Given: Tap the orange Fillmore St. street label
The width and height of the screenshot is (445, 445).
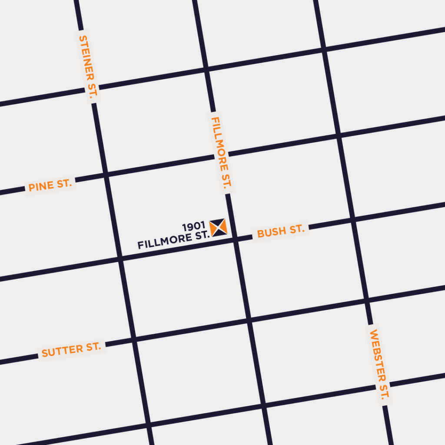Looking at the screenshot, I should coord(221,153).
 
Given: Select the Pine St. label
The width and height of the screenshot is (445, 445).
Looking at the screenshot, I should coord(50,186).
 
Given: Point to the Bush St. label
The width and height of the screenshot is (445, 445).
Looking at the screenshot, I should coord(280,231).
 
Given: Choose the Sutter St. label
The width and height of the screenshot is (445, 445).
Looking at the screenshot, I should coord(71,349).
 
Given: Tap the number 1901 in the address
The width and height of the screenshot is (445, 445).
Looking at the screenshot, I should coord(193,227).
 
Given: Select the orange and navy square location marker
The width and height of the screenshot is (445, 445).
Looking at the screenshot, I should coord(218,228).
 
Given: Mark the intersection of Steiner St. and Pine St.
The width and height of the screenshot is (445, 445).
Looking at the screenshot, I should coord(105,175).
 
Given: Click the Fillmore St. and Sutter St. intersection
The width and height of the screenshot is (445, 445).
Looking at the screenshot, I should coord(249,321).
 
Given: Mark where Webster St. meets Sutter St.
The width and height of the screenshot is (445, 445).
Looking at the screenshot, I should coord(367,300).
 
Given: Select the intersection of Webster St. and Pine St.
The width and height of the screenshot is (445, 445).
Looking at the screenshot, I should coord(338,136).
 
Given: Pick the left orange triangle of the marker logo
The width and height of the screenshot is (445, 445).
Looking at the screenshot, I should coord(213,228).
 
